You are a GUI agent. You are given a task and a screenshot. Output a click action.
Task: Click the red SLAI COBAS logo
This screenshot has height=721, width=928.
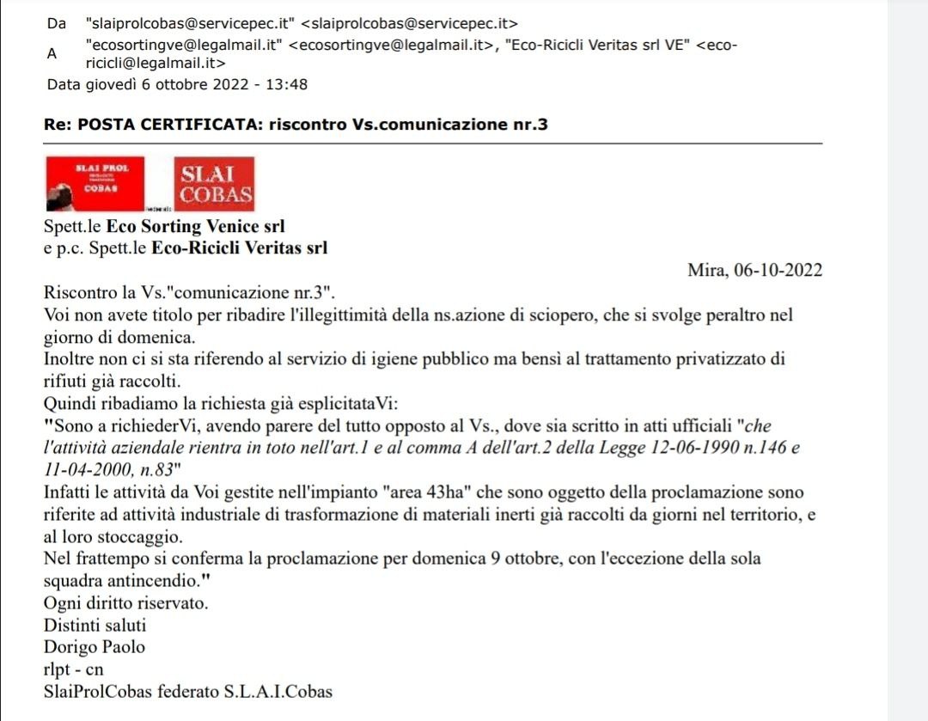coord(215,184)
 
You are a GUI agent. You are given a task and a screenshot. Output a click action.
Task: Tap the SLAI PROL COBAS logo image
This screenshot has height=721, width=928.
coord(95,183)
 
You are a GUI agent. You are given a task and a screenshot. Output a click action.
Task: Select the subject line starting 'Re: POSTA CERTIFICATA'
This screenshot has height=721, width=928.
coord(296,125)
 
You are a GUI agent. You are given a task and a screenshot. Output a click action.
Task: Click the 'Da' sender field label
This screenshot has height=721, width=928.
coord(57,24)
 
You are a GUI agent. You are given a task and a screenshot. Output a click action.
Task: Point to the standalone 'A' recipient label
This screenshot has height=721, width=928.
coord(52,53)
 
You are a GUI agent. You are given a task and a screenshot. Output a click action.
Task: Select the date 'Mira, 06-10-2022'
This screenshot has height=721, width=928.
coord(755,271)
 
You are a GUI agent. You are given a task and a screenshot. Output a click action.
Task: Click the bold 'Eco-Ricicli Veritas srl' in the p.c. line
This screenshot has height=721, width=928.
coord(240,249)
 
